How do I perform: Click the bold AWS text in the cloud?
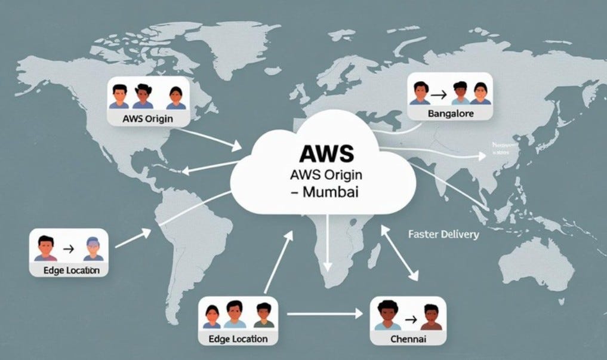(326, 153)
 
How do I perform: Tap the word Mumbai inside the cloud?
(331, 193)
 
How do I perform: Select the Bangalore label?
(451, 113)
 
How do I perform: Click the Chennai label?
(408, 339)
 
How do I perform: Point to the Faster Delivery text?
(443, 234)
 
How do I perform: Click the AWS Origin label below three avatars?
(147, 118)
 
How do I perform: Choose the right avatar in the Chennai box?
(431, 317)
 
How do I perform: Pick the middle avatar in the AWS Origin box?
(143, 96)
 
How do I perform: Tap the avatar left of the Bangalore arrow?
(421, 93)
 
